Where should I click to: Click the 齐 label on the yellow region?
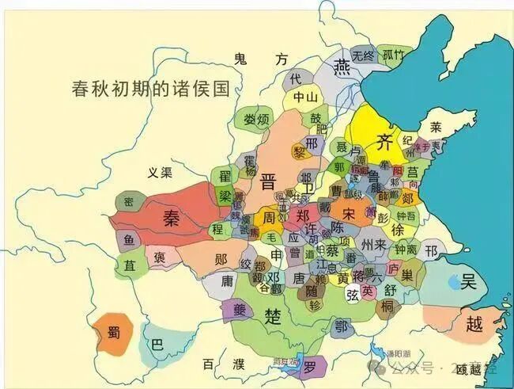tap(385, 143)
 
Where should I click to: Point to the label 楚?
tap(273, 318)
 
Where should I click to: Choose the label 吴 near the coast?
tap(468, 282)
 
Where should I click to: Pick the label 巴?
tap(158, 346)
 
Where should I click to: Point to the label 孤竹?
tap(394, 55)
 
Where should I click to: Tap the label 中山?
tap(306, 97)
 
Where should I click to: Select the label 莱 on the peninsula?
tap(437, 126)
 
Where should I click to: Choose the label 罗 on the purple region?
tap(310, 365)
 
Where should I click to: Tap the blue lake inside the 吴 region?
tap(452, 281)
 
